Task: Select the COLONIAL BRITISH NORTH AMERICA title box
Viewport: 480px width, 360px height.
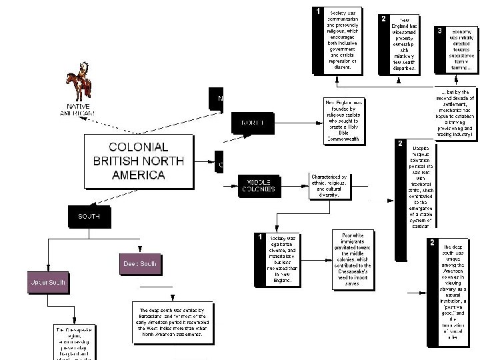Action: pyautogui.click(x=129, y=161)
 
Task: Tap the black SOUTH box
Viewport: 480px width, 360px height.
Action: pyautogui.click(x=89, y=216)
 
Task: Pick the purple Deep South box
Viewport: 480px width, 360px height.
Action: pyautogui.click(x=139, y=264)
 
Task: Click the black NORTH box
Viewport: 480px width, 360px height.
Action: pyautogui.click(x=252, y=123)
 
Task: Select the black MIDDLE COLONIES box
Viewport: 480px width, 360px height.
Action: pyautogui.click(x=260, y=185)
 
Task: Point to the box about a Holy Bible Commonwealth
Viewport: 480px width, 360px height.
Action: pyautogui.click(x=345, y=121)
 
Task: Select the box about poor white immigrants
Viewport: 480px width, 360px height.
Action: pyautogui.click(x=357, y=259)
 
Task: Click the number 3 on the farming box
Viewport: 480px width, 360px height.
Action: pyautogui.click(x=439, y=31)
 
